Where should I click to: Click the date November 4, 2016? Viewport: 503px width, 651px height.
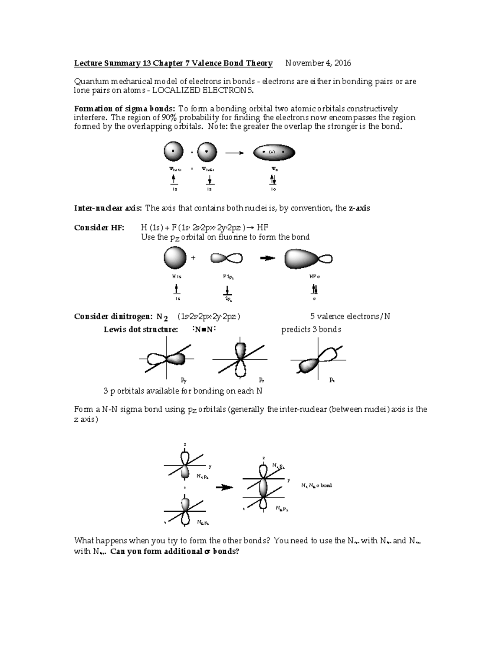[x=318, y=63]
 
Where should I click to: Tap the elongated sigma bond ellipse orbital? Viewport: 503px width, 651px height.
[x=274, y=153]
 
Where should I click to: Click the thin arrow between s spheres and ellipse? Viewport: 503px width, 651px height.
[x=234, y=153]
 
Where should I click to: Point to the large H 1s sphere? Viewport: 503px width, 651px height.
[x=175, y=258]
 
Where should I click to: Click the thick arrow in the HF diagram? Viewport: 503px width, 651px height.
[x=267, y=258]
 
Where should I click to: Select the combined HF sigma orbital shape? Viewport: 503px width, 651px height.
[x=308, y=259]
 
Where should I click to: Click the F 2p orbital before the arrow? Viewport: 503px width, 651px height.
[x=226, y=258]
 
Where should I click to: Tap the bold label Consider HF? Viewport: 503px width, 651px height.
[x=99, y=228]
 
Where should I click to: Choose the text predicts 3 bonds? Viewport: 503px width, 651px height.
[x=311, y=329]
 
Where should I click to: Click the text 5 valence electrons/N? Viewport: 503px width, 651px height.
[x=350, y=316]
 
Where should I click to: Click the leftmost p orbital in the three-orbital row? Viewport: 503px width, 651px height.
[x=166, y=359]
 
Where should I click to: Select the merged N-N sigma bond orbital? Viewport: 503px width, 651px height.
[x=263, y=488]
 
